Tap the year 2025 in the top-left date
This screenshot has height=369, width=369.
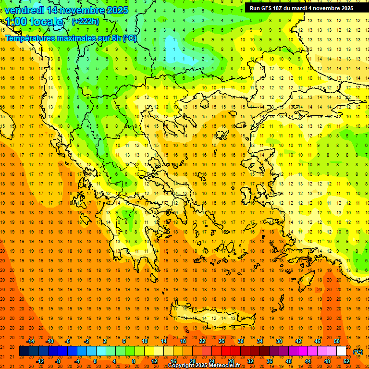tap(115, 10)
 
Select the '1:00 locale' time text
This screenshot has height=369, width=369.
tap(35, 22)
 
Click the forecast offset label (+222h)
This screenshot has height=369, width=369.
tap(86, 21)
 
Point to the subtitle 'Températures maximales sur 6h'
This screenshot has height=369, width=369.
tap(62, 38)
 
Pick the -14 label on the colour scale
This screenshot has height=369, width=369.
tap(30, 341)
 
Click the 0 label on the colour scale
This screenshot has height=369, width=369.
tap(95, 361)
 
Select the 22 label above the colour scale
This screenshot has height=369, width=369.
tap(202, 341)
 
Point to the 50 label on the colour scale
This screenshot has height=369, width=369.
tap(336, 341)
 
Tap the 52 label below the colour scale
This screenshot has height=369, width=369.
tap(346, 361)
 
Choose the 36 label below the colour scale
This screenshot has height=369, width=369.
tap(269, 361)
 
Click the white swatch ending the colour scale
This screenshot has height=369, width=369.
tap(341, 351)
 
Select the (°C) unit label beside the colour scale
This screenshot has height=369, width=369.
tap(358, 352)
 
